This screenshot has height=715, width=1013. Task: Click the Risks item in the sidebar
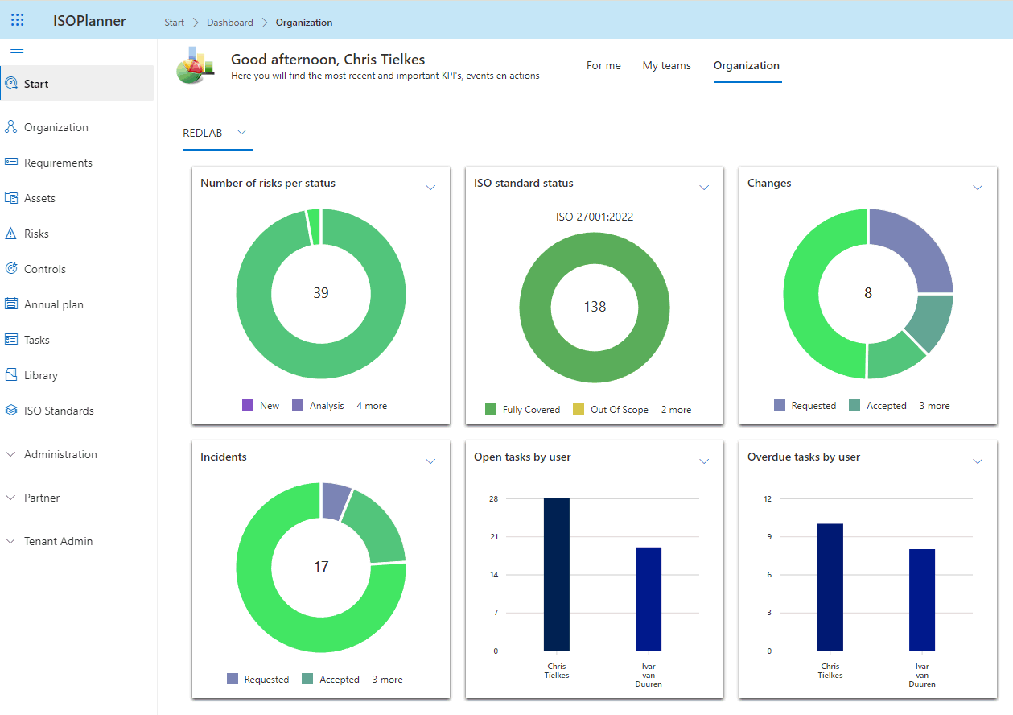pos(36,234)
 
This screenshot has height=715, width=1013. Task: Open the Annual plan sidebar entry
pos(53,304)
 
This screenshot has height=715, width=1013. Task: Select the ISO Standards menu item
pos(59,411)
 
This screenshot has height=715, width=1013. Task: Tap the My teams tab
pos(666,66)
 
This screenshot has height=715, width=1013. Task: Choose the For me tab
pos(603,66)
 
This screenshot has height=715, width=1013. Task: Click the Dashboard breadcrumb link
pos(230,23)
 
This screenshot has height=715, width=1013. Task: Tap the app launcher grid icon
pos(17,21)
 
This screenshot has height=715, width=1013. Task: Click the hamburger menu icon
pos(17,52)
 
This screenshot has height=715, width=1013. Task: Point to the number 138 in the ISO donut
pos(595,307)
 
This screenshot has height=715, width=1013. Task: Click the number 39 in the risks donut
pos(321,293)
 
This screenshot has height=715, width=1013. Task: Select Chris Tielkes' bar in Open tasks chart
pos(557,574)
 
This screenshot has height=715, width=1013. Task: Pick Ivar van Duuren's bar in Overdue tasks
pos(922,599)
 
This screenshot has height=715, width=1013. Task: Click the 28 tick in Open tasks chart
pos(493,499)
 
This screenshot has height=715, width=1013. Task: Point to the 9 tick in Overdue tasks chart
pos(768,537)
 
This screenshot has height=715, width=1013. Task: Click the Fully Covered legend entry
pos(530,410)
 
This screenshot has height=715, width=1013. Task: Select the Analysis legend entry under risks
pos(326,406)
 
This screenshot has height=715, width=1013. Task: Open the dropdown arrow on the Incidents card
pos(430,461)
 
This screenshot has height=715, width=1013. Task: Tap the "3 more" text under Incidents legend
pos(387,680)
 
